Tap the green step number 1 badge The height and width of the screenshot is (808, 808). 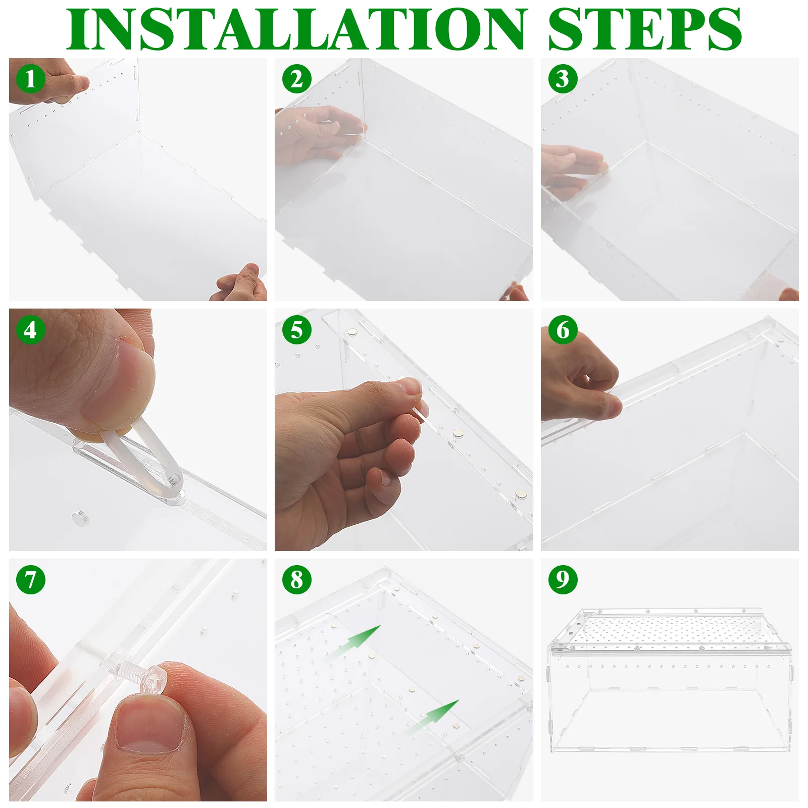coord(31,79)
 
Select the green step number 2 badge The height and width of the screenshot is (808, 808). coord(297,79)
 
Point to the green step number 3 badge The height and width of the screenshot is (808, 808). coord(563,79)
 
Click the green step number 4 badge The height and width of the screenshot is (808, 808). coord(31,330)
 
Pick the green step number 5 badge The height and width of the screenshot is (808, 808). coord(297,330)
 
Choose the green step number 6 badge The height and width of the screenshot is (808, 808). coord(563,330)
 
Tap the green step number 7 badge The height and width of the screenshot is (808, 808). coord(31,580)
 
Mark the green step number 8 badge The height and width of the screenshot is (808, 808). coord(297,580)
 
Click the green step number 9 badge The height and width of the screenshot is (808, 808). coord(563,580)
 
